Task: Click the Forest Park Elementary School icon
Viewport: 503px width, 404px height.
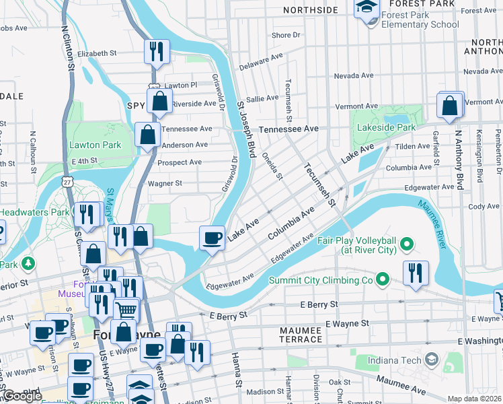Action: pyautogui.click(x=367, y=9)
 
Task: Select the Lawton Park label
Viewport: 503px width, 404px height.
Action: pyautogui.click(x=95, y=145)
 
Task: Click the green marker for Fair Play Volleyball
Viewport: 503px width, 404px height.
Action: pyautogui.click(x=406, y=242)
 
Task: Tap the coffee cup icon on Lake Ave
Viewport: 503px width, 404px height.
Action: pyautogui.click(x=212, y=238)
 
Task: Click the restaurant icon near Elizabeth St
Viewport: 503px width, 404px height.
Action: pyautogui.click(x=157, y=50)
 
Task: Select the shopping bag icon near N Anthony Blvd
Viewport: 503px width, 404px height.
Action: pyautogui.click(x=450, y=105)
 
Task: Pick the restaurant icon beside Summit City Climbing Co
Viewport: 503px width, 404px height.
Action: pyautogui.click(x=416, y=272)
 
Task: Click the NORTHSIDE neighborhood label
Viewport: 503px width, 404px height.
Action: pyautogui.click(x=310, y=10)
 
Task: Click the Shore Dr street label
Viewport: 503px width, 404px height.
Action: pyautogui.click(x=286, y=35)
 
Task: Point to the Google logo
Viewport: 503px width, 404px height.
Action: pyautogui.click(x=22, y=396)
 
